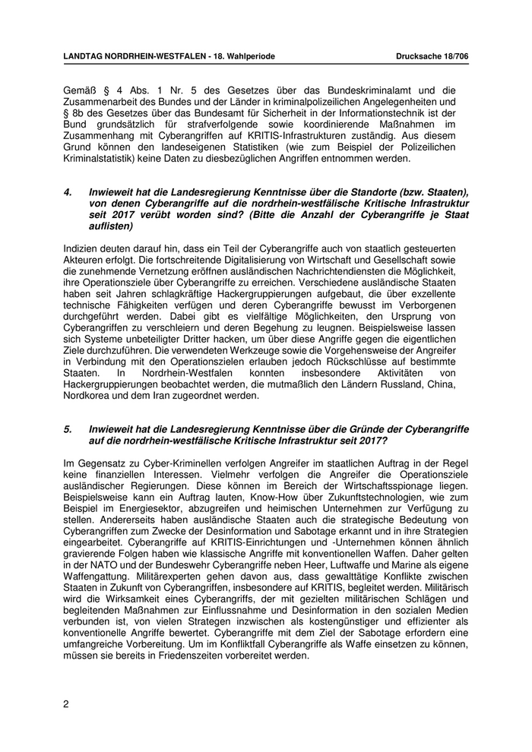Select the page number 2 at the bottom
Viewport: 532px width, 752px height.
(x=66, y=704)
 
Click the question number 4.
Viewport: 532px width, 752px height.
(x=68, y=192)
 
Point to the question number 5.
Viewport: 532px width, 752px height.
(x=68, y=428)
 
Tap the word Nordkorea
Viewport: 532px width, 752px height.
(x=88, y=396)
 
